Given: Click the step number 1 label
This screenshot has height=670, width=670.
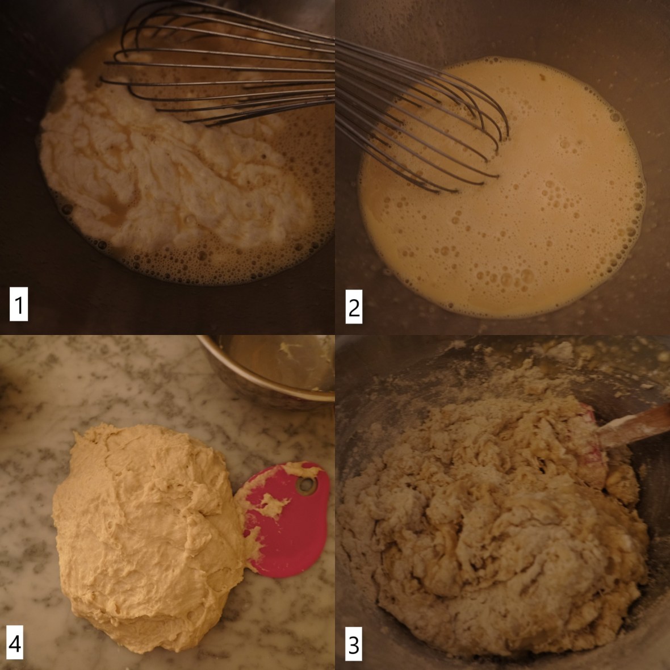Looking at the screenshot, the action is click(x=19, y=304).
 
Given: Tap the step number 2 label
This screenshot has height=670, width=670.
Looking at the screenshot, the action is click(x=354, y=307).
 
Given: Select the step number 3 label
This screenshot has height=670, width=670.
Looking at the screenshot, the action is click(x=353, y=644).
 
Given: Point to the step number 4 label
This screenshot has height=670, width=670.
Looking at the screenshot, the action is click(x=15, y=643).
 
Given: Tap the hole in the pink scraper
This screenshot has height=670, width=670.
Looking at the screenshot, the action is click(x=307, y=485).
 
